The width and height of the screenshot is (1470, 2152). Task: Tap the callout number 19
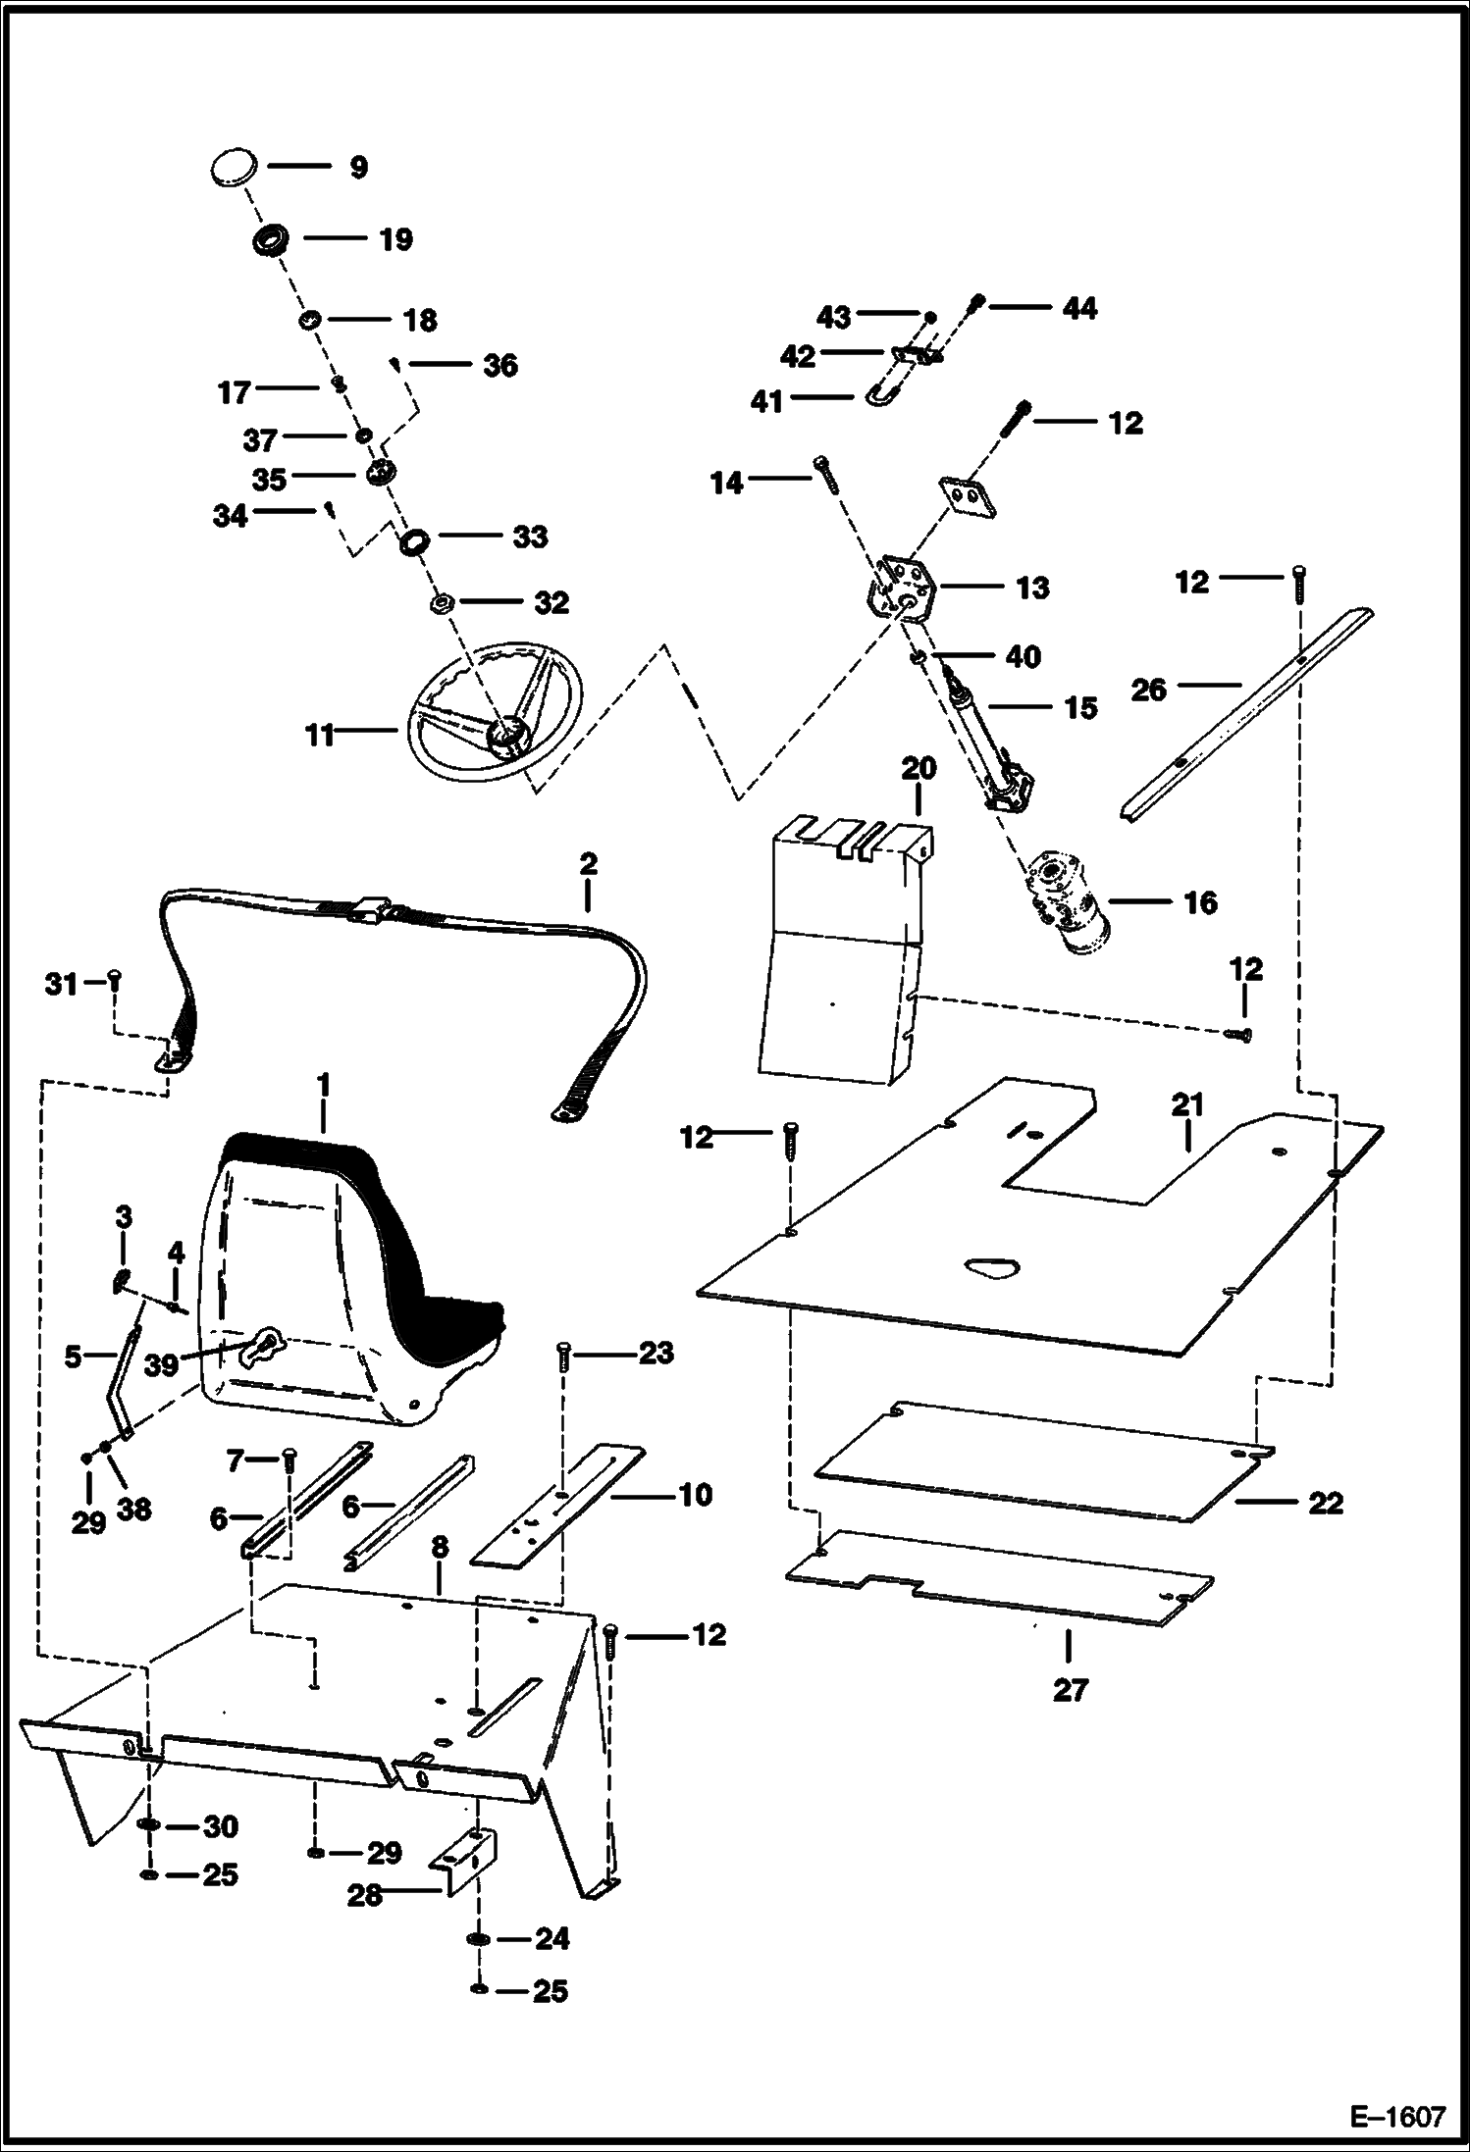pos(395,240)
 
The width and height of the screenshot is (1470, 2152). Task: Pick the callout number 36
pos(499,366)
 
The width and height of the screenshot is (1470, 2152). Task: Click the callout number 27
pos(1070,1690)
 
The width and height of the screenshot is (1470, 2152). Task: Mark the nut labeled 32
pos(442,602)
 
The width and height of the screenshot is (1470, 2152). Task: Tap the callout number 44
pos(1078,309)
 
